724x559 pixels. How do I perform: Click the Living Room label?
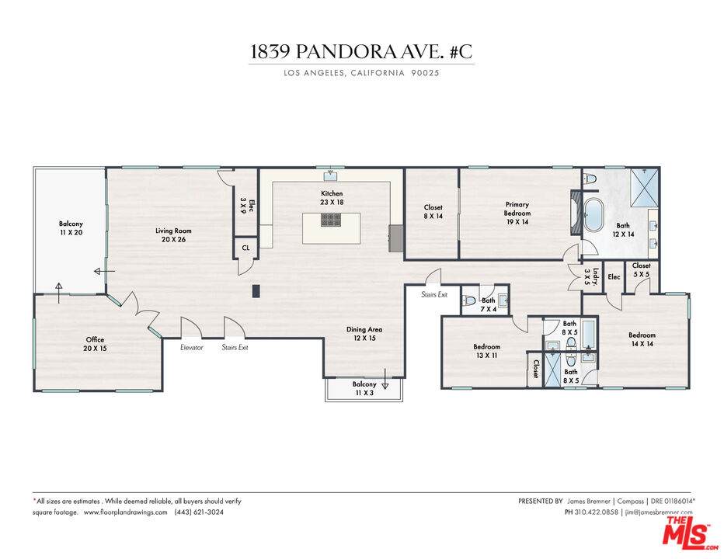tap(173, 235)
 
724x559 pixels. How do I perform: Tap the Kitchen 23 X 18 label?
tap(332, 197)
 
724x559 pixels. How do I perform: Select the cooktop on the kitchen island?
tap(331, 220)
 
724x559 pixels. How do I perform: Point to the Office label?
tap(95, 344)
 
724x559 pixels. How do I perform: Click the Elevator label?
tap(191, 348)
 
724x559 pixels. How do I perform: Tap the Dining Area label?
tap(364, 334)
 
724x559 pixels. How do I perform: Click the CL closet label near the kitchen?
tap(245, 248)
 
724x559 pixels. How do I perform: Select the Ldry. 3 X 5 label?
tap(591, 276)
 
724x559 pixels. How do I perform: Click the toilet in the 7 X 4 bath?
tap(468, 301)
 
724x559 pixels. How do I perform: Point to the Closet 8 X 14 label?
tap(433, 211)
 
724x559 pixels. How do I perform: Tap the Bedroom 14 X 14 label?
tap(642, 339)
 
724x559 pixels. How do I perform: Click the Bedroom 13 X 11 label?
tap(486, 351)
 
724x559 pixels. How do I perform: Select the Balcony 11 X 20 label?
tap(71, 228)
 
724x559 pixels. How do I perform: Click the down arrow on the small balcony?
tap(385, 373)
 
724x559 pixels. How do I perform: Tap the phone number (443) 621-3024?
tap(199, 512)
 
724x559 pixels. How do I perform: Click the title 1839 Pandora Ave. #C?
tap(361, 52)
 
